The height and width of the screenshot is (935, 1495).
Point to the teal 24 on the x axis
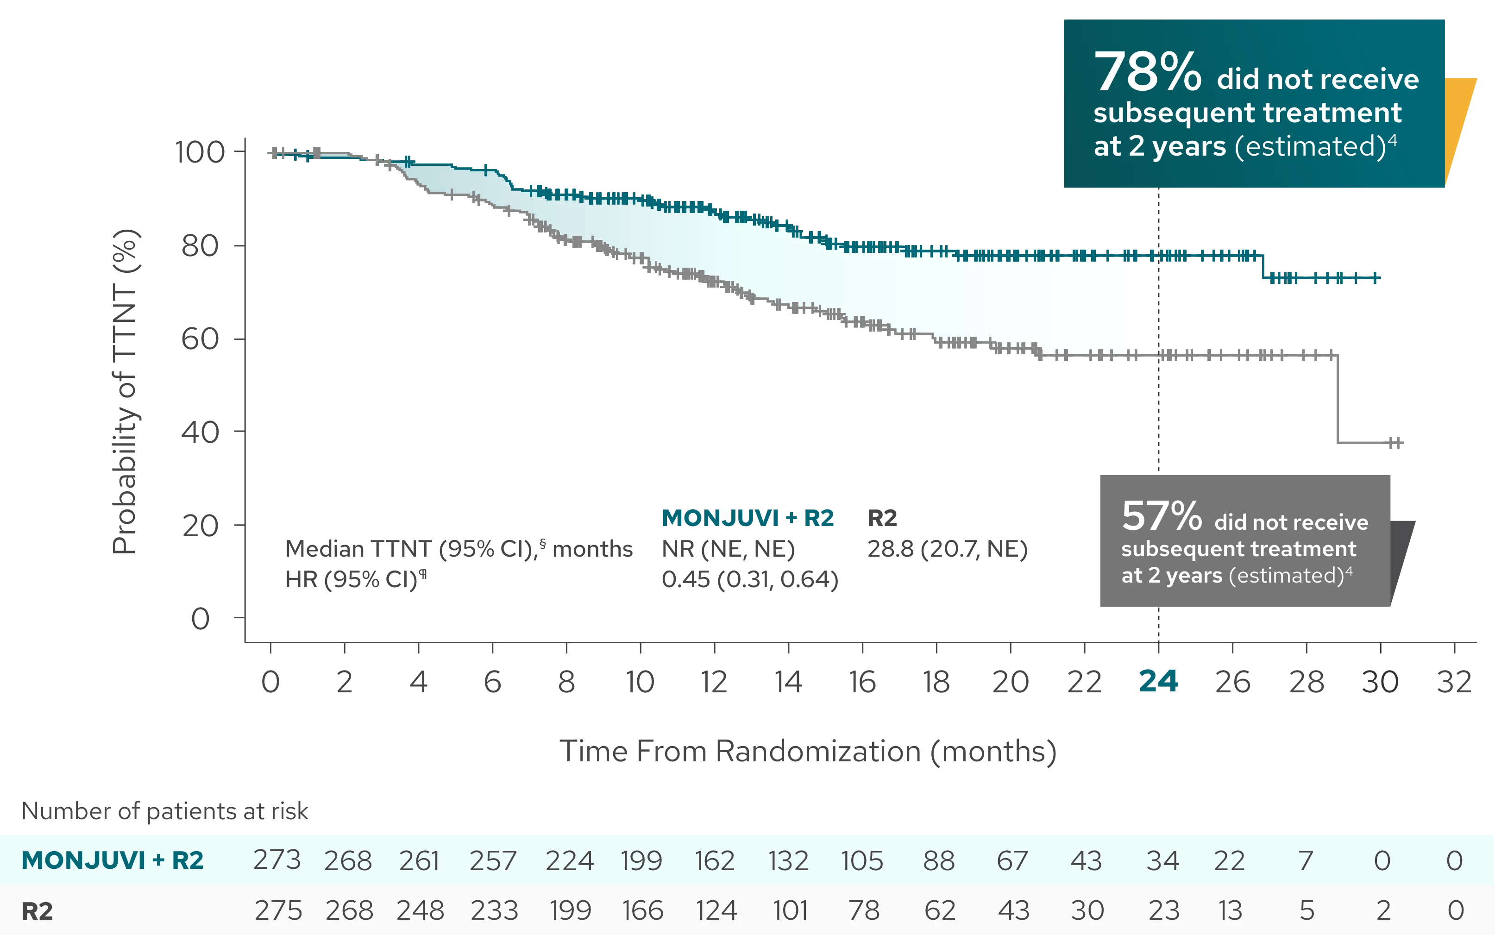(x=1157, y=681)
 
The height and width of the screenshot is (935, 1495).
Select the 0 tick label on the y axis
(x=200, y=617)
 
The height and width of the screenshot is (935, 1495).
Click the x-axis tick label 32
(x=1454, y=681)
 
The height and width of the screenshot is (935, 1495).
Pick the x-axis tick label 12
(x=715, y=681)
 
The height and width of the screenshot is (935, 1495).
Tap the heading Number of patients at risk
(x=166, y=811)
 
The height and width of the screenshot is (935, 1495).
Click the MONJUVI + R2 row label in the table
(x=113, y=860)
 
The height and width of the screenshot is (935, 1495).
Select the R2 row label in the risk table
(x=37, y=911)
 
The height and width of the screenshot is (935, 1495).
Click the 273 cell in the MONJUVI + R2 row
(x=277, y=860)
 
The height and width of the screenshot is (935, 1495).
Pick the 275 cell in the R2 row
(x=278, y=911)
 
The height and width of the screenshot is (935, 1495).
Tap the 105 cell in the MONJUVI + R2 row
(x=862, y=860)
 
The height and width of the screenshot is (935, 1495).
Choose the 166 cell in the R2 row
(x=642, y=911)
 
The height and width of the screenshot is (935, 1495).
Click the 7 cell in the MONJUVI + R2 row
(x=1305, y=860)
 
